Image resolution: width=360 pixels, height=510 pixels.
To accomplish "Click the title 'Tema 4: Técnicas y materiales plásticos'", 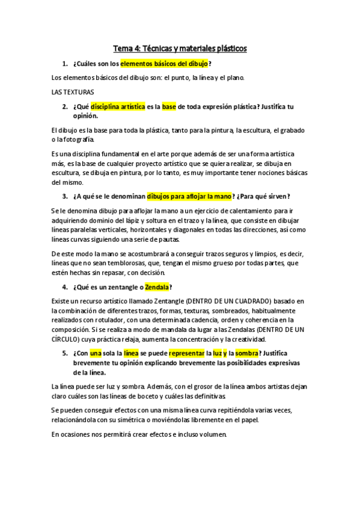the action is pyautogui.click(x=180, y=48).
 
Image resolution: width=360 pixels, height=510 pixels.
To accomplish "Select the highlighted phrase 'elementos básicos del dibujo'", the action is pyautogui.click(x=164, y=63).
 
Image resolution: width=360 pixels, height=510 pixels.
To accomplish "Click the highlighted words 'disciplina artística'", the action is pyautogui.click(x=118, y=106).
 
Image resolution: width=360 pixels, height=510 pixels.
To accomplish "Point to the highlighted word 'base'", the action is pyautogui.click(x=169, y=106).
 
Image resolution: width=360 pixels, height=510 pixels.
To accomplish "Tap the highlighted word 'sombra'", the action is pyautogui.click(x=246, y=354).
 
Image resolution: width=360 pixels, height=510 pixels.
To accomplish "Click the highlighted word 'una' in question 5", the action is pyautogui.click(x=96, y=354).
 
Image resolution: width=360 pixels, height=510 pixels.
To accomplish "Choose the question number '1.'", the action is pyautogui.click(x=64, y=63).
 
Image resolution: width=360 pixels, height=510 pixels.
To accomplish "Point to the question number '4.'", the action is pyautogui.click(x=64, y=286).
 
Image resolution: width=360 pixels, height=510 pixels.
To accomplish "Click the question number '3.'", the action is pyautogui.click(x=64, y=196).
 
